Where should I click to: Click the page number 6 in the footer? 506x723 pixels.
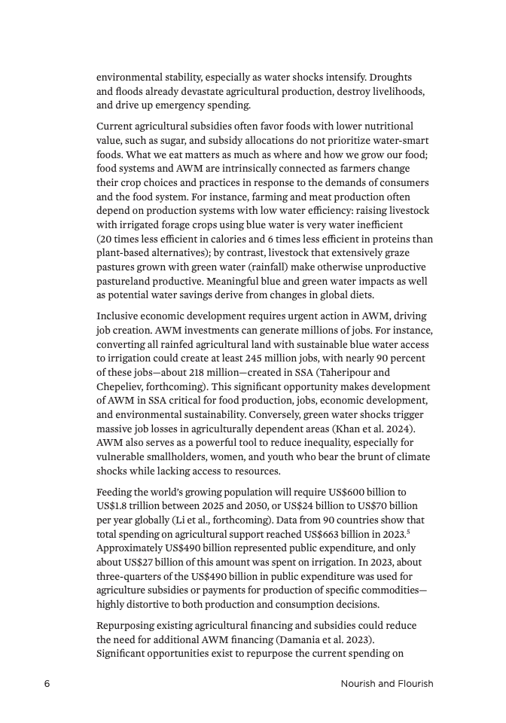pos(47,684)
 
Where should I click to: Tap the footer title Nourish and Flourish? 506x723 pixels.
pos(386,684)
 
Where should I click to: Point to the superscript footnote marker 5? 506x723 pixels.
pos(410,531)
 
